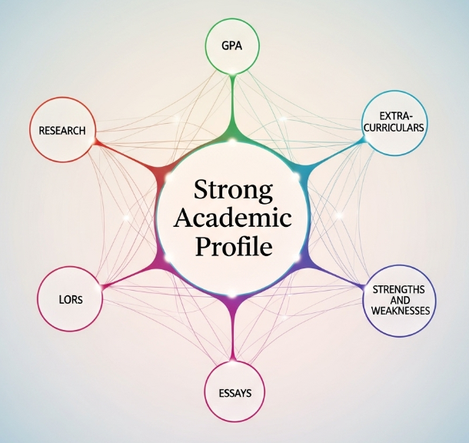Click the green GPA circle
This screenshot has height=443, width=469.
[233, 45]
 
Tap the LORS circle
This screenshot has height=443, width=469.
[70, 298]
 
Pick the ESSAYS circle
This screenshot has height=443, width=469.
[234, 391]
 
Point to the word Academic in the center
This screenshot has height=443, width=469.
[233, 218]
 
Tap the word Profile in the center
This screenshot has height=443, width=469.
[233, 248]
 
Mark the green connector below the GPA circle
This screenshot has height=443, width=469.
[233, 108]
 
